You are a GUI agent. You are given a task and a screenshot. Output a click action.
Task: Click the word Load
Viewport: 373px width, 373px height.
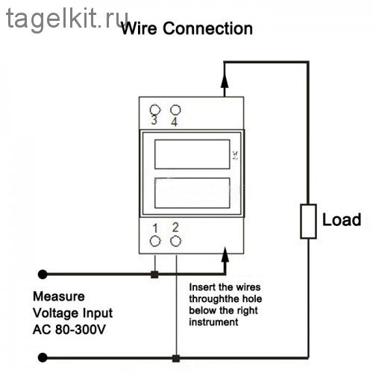342,220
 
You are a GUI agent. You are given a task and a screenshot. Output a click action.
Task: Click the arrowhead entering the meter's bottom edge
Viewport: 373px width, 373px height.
225,254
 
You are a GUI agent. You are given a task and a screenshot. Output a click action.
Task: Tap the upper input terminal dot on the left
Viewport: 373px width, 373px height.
43,275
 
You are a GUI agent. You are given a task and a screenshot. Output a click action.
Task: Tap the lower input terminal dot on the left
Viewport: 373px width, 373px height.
43,357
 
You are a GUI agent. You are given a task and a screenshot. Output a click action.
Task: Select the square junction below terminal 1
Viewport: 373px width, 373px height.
154,275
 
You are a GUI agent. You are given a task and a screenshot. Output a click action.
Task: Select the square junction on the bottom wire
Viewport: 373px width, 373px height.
176,358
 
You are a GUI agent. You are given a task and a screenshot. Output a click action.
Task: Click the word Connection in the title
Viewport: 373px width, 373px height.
207,28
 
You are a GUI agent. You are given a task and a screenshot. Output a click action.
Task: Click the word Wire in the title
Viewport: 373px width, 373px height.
139,28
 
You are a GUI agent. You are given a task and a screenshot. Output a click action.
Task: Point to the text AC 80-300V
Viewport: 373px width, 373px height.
69,330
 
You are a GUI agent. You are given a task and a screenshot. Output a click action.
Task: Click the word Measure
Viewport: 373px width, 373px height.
59,296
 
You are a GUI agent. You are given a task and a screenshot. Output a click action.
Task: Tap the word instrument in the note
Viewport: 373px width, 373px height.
213,322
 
